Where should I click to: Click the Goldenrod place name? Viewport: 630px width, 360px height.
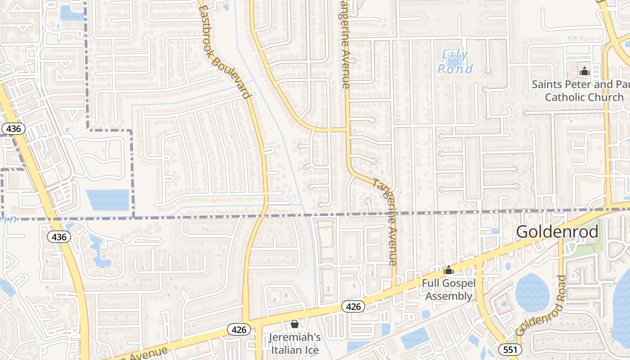[x=557, y=232]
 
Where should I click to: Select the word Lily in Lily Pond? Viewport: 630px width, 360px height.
[x=455, y=55]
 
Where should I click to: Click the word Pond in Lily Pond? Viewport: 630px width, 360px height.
[x=455, y=69]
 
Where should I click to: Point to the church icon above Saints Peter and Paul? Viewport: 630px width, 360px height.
[x=584, y=71]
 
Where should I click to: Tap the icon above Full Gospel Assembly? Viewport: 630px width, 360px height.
[x=448, y=270]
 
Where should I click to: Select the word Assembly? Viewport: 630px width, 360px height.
[x=449, y=296]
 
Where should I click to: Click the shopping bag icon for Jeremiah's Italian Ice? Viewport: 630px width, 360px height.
[x=295, y=324]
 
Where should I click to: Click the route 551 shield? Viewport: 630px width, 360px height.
[x=510, y=349]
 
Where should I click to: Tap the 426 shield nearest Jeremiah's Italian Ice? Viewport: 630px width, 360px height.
[x=238, y=329]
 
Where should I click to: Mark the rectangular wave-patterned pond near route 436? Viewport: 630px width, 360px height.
[x=108, y=200]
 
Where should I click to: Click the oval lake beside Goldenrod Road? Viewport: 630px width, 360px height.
[x=532, y=292]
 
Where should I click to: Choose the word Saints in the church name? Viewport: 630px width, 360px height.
[x=548, y=85]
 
